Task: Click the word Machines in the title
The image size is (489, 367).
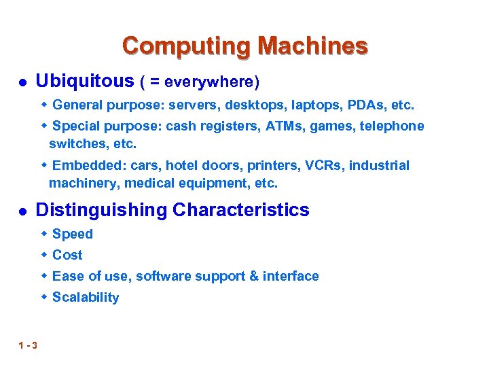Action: [x=313, y=46]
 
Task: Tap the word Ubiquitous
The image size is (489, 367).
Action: [x=84, y=82]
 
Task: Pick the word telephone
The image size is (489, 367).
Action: [x=392, y=126]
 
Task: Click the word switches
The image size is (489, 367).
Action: [x=76, y=144]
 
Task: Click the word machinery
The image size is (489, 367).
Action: [x=81, y=183]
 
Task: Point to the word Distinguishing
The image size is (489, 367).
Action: [x=101, y=211]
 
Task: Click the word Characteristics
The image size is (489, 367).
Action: [x=241, y=211]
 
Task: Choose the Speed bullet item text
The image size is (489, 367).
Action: [x=73, y=234]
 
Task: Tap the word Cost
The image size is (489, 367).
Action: [x=67, y=256]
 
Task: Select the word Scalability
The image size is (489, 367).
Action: [x=86, y=298]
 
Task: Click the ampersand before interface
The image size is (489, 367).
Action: [x=253, y=277]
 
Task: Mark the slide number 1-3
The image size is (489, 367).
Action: [x=29, y=345]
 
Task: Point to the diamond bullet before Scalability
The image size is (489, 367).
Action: [x=44, y=297]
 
